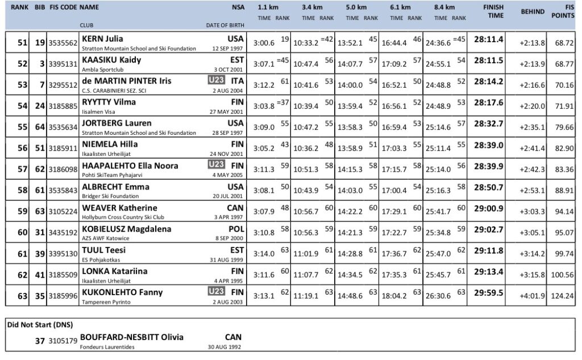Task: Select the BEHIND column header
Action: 532,11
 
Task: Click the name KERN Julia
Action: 103,39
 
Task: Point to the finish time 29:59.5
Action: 489,292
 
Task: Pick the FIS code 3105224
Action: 62,212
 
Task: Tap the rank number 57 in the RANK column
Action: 22,169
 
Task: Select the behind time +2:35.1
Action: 532,127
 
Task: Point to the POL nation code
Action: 235,228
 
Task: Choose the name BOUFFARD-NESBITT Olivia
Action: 132,337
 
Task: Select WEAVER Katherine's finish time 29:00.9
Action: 489,208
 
